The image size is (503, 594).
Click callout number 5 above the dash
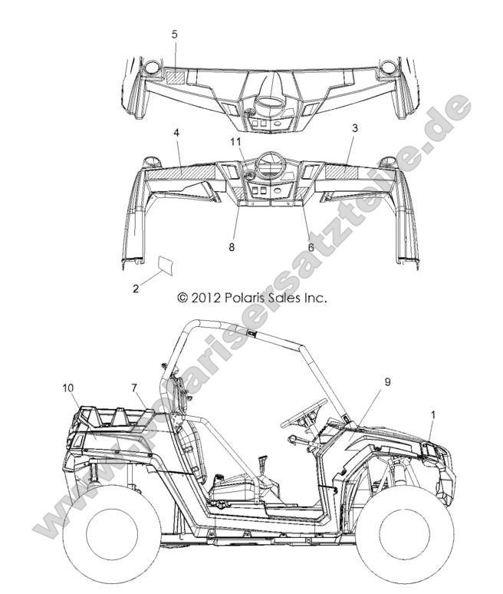click(x=174, y=35)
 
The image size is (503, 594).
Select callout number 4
click(x=176, y=133)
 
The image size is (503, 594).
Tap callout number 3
click(x=355, y=128)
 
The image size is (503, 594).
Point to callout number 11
click(x=236, y=142)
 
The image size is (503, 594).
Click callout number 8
click(x=232, y=247)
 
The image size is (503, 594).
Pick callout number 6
click(x=311, y=247)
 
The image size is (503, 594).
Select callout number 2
click(x=136, y=289)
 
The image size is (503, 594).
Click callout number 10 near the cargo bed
click(x=68, y=388)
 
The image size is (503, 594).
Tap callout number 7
click(x=134, y=388)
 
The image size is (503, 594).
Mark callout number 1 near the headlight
click(x=433, y=415)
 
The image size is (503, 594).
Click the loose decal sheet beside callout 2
click(x=166, y=265)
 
